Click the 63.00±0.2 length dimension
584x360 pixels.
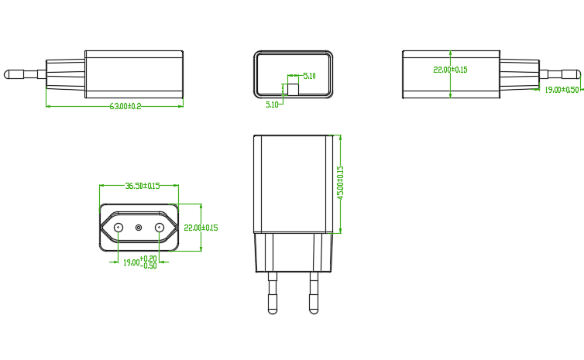(x=125, y=106)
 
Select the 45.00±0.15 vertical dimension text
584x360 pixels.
(x=340, y=183)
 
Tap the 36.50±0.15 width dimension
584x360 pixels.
(x=143, y=186)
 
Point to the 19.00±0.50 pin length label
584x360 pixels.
(x=562, y=90)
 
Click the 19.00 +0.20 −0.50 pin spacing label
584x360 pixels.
(x=140, y=262)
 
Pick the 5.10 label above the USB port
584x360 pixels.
(x=309, y=76)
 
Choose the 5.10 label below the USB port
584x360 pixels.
(x=273, y=104)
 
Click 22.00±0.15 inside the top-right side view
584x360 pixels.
(x=450, y=70)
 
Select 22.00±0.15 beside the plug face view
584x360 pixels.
(x=201, y=228)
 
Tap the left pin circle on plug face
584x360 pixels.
(x=119, y=228)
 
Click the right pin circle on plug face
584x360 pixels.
(x=160, y=228)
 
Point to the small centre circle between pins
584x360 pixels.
(x=139, y=228)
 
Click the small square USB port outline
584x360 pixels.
(x=294, y=89)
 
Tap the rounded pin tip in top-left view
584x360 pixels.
(x=9, y=74)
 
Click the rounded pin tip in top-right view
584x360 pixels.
(x=575, y=74)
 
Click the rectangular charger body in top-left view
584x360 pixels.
(x=134, y=74)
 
